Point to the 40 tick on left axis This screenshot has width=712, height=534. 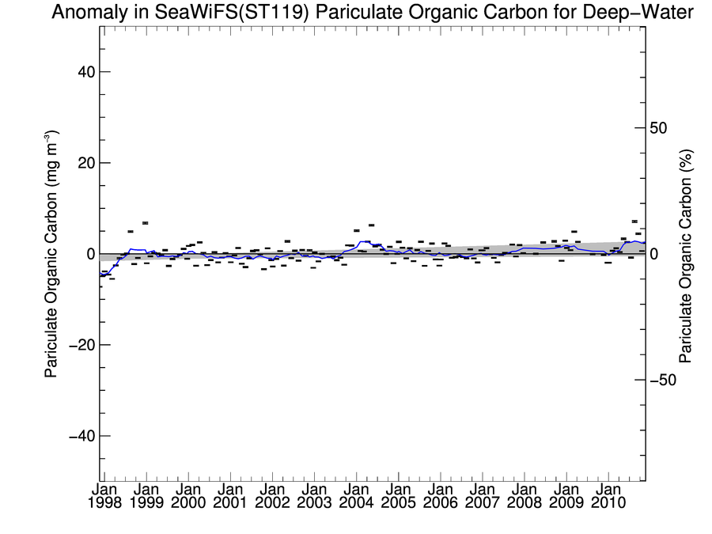81,72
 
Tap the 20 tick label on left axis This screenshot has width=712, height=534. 81,163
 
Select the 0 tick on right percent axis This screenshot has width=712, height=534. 654,255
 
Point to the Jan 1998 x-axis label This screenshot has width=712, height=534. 105,496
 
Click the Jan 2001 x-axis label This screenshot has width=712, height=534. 230,496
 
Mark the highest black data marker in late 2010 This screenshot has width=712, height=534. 634,222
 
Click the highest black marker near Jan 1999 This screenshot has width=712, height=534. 146,223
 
